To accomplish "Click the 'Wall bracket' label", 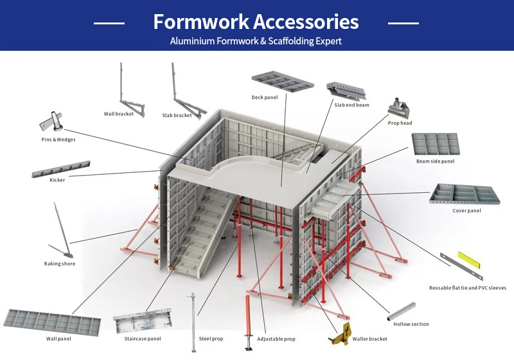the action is click(x=119, y=114).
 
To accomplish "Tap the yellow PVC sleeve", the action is click(x=470, y=260).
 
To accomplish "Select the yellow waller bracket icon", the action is click(x=339, y=334).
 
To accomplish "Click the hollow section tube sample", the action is click(x=401, y=312).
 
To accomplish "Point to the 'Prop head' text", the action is click(x=400, y=123).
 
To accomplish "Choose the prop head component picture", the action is click(x=399, y=108).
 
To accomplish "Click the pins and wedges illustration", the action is click(x=51, y=122).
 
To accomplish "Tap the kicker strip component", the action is click(x=60, y=169).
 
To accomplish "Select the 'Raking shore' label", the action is click(x=60, y=264).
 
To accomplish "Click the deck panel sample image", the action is click(x=283, y=81).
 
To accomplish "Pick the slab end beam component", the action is click(x=346, y=91).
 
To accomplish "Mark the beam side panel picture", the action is click(x=436, y=144).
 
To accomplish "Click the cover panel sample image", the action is click(x=465, y=194).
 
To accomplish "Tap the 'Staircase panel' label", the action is click(x=143, y=339).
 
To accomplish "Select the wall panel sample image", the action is click(x=52, y=322).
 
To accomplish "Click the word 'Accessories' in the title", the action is click(x=306, y=22).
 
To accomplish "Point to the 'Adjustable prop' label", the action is click(x=276, y=339).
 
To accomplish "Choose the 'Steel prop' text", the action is click(x=211, y=339).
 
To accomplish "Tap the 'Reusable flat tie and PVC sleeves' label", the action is click(x=468, y=288).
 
